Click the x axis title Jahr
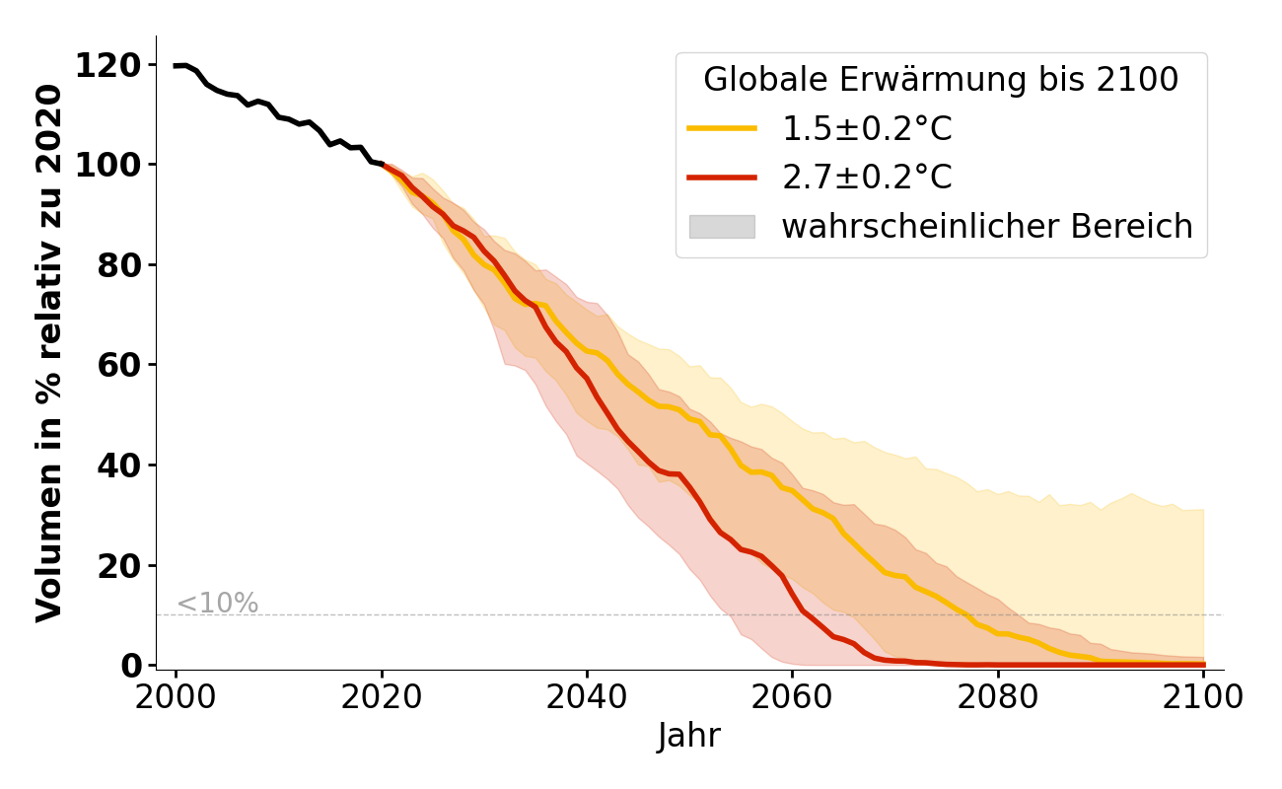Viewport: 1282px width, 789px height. (689, 736)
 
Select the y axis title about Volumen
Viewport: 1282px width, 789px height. (49, 353)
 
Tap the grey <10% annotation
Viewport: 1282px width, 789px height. (217, 604)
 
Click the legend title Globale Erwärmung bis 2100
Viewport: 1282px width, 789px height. (941, 80)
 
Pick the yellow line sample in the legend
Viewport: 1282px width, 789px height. (722, 128)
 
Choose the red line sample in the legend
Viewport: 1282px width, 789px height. (722, 178)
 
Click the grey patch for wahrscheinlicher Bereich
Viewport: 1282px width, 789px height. (722, 227)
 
